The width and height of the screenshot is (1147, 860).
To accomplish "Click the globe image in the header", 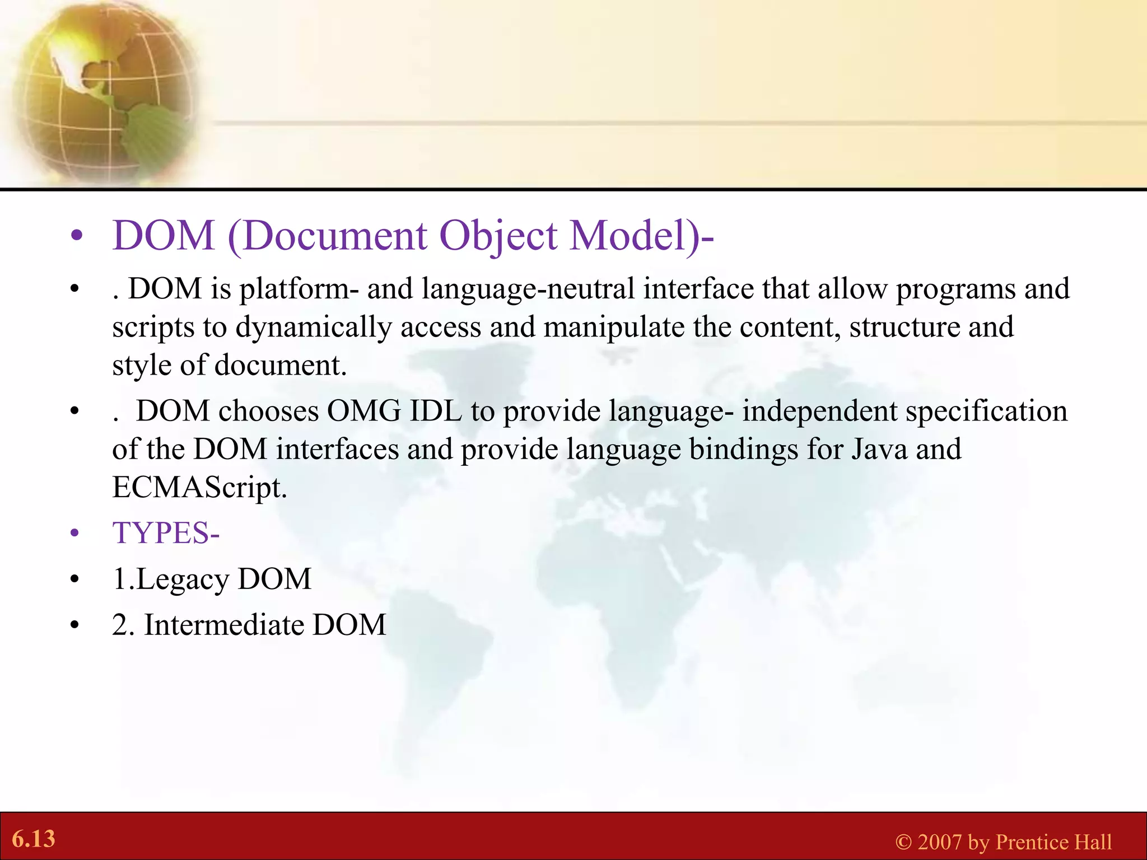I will [x=101, y=92].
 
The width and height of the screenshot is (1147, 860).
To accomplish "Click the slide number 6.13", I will [x=34, y=839].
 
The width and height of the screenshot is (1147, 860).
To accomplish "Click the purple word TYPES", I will [x=160, y=532].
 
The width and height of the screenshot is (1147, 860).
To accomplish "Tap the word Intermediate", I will [x=224, y=625].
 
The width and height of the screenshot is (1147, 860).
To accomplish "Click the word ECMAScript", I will [x=199, y=487].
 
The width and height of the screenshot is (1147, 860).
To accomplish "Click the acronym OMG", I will [x=364, y=412].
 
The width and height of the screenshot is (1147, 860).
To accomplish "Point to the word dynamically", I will [x=314, y=328].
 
